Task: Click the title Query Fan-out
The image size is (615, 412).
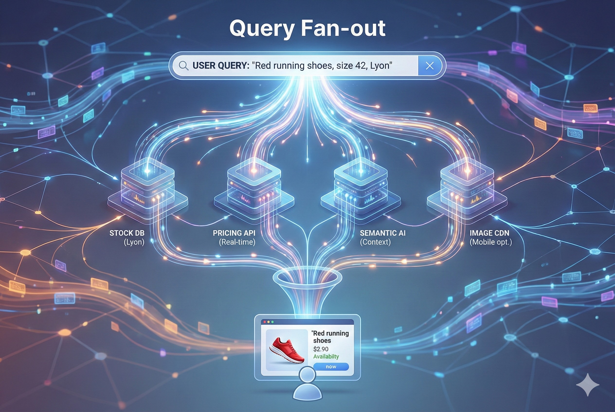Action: pos(307,28)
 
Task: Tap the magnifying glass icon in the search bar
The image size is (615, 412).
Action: pos(183,66)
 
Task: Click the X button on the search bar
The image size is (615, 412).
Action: pos(429,66)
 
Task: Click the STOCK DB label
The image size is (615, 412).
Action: pos(127,233)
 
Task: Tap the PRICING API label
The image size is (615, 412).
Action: pos(234,233)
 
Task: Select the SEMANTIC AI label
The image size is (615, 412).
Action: pos(383,233)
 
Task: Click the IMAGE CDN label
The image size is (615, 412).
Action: pos(489,233)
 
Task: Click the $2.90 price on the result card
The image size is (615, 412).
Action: pos(321,349)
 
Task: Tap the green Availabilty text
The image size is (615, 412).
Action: pos(326,357)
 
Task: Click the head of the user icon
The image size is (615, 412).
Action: pos(307,375)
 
